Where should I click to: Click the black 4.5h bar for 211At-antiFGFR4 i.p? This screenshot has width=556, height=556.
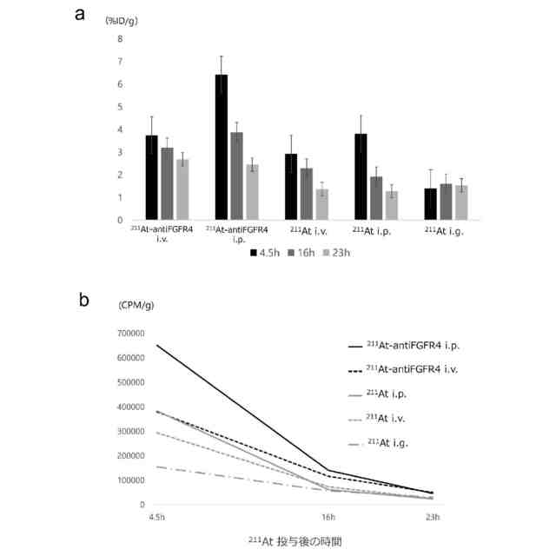click(222, 147)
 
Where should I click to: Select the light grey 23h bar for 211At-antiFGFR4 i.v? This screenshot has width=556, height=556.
click(182, 189)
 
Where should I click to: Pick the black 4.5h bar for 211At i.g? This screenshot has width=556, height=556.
click(429, 204)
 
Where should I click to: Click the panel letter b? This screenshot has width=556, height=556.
click(83, 300)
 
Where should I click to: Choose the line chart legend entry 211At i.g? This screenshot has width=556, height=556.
click(387, 444)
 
